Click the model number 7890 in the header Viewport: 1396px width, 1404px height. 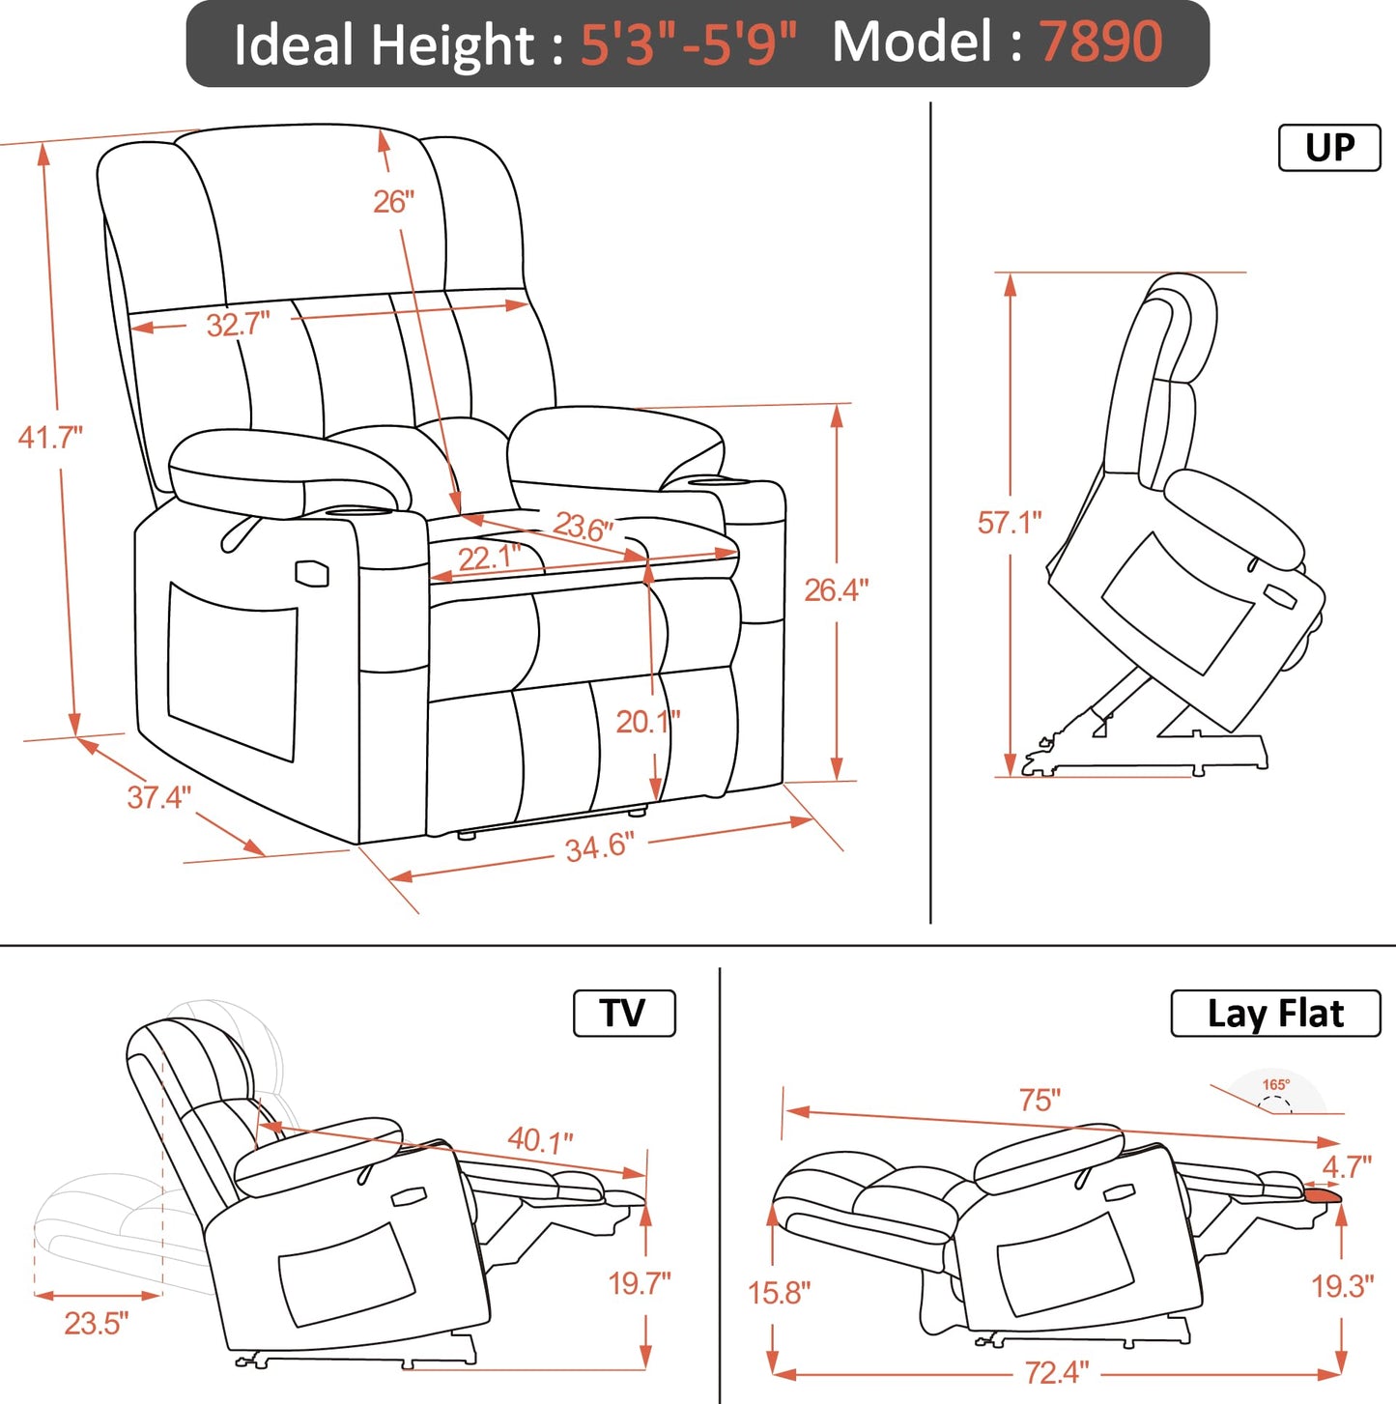(x=1100, y=43)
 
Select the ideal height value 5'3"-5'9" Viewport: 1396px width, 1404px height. (x=688, y=44)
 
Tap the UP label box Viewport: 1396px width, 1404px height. (x=1329, y=148)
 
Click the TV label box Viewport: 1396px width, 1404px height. (x=623, y=1014)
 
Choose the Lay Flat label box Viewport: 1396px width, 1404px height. (x=1275, y=1014)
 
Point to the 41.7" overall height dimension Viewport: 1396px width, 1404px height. (x=50, y=438)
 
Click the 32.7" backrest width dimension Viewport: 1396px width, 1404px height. (x=238, y=325)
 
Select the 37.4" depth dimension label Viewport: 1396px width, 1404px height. (x=159, y=797)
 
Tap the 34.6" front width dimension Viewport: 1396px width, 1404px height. (x=599, y=847)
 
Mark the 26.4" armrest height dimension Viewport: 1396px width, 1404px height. (x=837, y=589)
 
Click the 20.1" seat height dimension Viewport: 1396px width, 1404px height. (x=648, y=721)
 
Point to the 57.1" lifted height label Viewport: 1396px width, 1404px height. (x=1010, y=523)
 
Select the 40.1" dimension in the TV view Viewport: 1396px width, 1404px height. (x=541, y=1140)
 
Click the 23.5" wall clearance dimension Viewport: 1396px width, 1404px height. (x=97, y=1323)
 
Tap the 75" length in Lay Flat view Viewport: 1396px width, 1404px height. (x=1040, y=1100)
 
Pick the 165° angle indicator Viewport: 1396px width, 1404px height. (x=1275, y=1086)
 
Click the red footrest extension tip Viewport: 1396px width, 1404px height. (x=1323, y=1196)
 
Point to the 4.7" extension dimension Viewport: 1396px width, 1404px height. (x=1347, y=1166)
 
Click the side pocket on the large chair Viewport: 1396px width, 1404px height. (x=232, y=672)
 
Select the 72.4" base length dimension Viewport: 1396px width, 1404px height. (x=1057, y=1371)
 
